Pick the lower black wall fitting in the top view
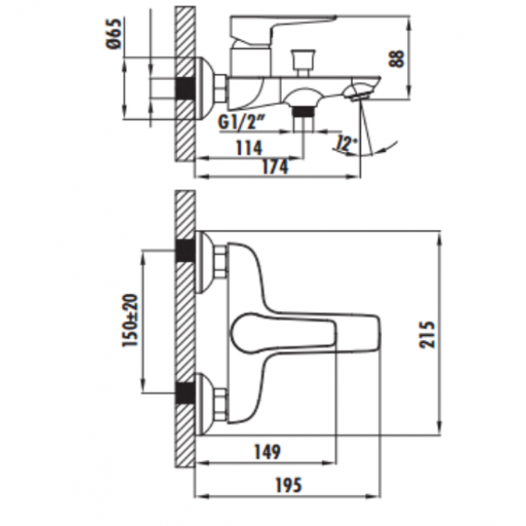click(186, 392)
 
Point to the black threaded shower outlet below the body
click(305, 112)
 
